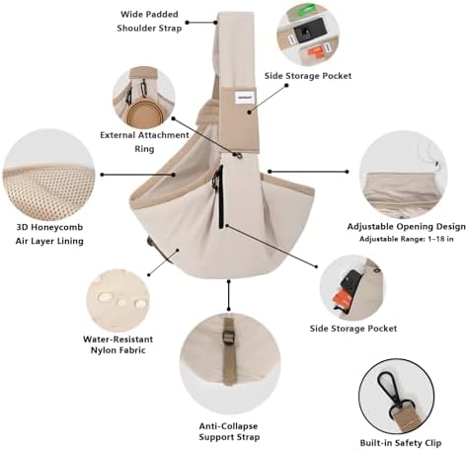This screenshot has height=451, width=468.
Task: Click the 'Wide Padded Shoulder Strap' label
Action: (149, 22)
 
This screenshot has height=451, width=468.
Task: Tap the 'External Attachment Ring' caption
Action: (144, 142)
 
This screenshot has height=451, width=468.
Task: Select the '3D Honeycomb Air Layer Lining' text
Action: (49, 234)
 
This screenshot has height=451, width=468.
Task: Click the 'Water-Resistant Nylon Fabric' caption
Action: (117, 344)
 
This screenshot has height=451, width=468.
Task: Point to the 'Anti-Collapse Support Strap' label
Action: (229, 431)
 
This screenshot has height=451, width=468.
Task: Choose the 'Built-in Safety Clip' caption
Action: (400, 443)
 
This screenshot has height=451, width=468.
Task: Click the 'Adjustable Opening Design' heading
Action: (407, 227)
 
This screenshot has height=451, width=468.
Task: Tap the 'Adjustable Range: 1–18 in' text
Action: (407, 239)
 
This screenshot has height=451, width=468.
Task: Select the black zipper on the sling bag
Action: (220, 196)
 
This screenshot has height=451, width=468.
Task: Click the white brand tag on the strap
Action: (242, 96)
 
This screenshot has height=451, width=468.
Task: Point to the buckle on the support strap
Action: (228, 337)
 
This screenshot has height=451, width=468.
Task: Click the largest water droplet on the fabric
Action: (105, 297)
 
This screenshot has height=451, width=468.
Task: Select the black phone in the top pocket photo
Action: (309, 31)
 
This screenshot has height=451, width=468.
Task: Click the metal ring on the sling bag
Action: (238, 154)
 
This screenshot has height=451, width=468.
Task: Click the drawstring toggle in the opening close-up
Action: (437, 164)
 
